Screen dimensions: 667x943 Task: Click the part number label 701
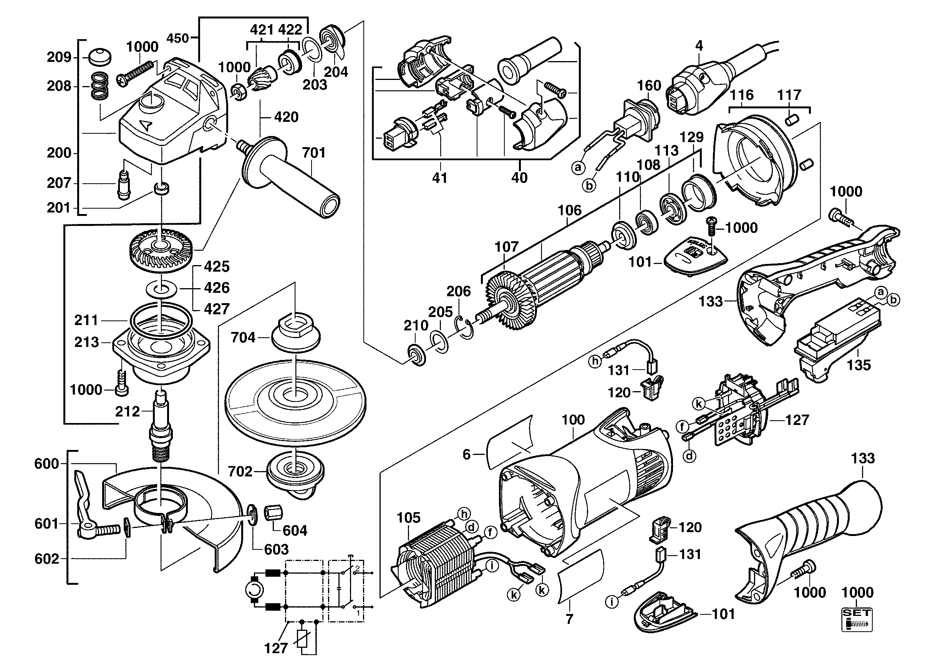point(314,153)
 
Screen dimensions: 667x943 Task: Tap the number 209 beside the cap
point(59,57)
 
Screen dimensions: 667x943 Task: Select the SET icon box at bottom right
point(857,619)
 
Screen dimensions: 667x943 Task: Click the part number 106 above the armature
point(569,210)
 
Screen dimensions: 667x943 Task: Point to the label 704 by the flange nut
point(243,338)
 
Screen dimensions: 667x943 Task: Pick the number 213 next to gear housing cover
point(87,342)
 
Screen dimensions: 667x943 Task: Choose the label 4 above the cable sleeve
point(699,46)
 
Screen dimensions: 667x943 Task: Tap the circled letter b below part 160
point(590,186)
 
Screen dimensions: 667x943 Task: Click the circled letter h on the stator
point(464,514)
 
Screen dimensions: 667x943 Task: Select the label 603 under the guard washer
point(277,549)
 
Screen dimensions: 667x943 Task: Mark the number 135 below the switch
point(858,365)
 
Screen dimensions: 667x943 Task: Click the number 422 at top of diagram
point(290,30)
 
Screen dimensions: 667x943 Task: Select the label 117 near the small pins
point(789,95)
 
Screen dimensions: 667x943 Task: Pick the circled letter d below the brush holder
point(690,455)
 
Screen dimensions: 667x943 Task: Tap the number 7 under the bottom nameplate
point(569,619)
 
